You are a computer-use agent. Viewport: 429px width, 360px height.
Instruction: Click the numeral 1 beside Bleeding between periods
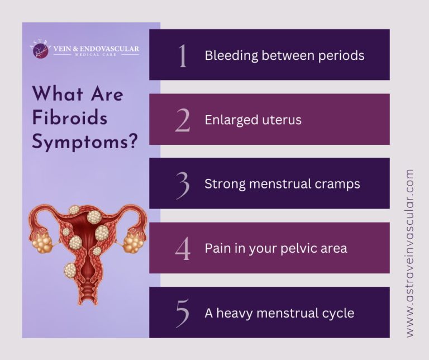[182, 56]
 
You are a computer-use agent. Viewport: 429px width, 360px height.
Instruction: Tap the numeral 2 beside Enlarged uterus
[182, 120]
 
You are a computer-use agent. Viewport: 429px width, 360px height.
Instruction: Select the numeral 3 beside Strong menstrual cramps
[182, 184]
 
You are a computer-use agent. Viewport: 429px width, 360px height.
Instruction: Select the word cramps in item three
[341, 184]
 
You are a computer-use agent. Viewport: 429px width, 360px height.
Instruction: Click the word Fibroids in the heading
[69, 118]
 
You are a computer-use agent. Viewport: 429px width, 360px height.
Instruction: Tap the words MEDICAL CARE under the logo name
[96, 55]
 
